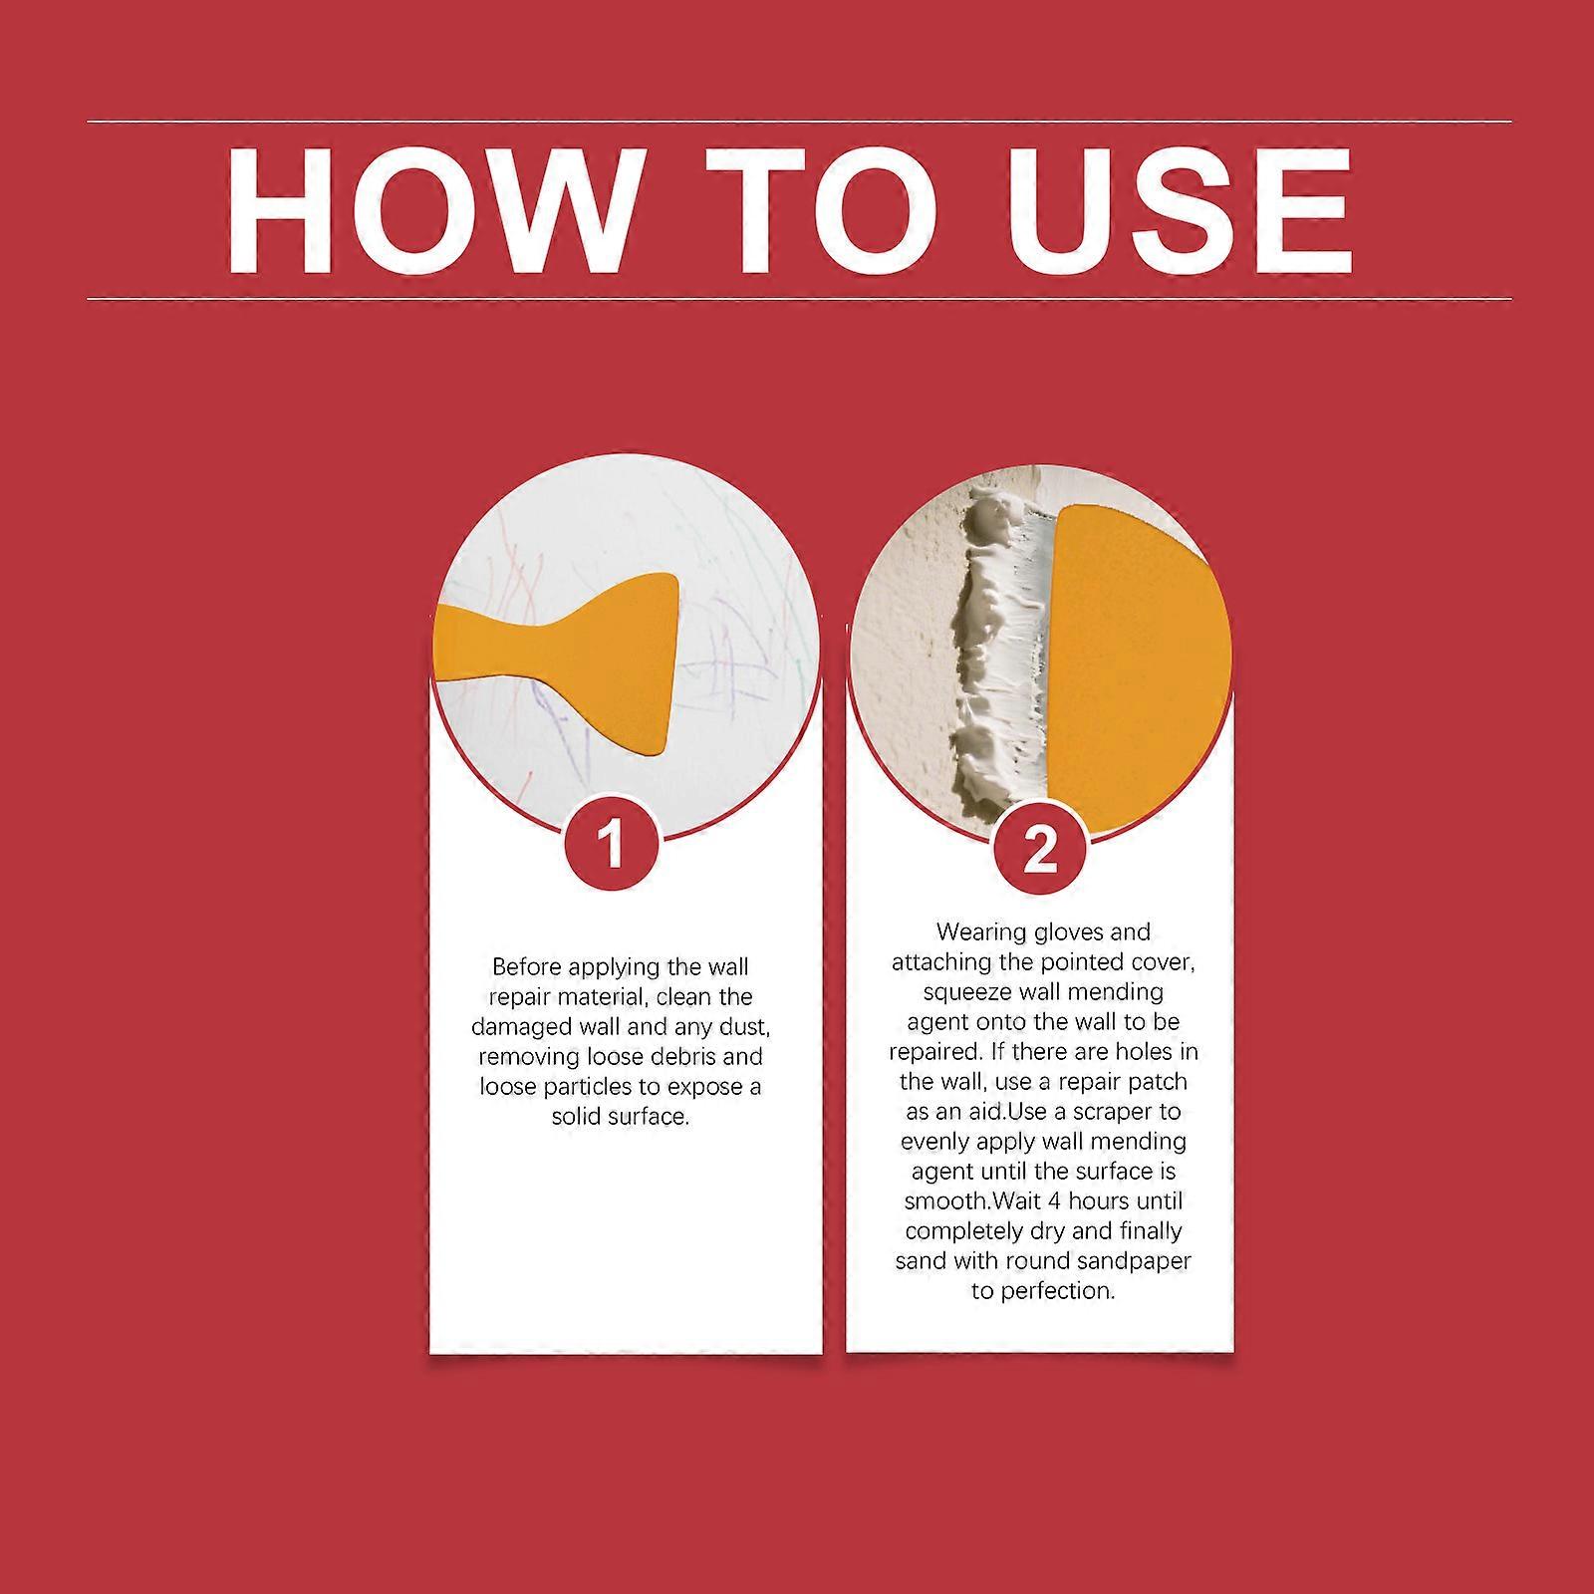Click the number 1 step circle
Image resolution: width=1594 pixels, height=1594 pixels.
click(x=612, y=845)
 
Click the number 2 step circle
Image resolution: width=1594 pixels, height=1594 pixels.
click(x=1039, y=850)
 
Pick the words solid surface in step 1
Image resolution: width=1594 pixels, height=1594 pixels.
click(x=620, y=1117)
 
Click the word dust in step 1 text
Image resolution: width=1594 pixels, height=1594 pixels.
click(x=767, y=1027)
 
